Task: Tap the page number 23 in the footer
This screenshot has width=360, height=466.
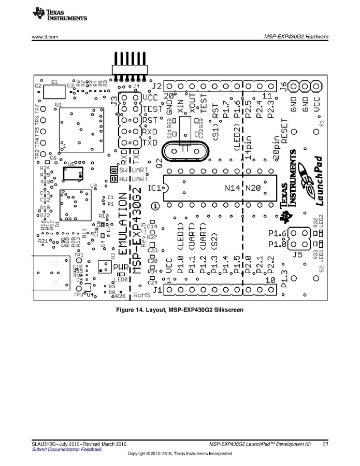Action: (325, 443)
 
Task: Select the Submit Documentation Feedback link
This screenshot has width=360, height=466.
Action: (67, 449)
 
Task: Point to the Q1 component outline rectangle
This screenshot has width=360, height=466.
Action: (55, 91)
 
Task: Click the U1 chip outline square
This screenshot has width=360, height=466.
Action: (80, 128)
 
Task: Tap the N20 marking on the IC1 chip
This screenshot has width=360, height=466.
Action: (253, 188)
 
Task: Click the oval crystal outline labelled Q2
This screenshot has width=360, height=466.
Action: (184, 150)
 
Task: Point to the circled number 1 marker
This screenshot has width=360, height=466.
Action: (155, 206)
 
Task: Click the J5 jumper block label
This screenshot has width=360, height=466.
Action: (297, 254)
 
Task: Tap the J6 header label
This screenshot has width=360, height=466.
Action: (283, 86)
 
